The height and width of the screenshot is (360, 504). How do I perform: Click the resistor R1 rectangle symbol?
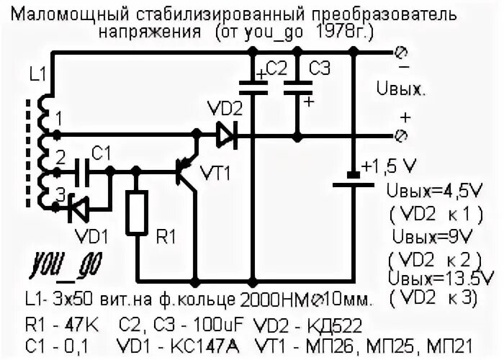pyautogui.click(x=137, y=213)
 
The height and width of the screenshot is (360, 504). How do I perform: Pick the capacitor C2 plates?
pyautogui.click(x=252, y=88)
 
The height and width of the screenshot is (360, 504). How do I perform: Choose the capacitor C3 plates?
pyautogui.click(x=297, y=88)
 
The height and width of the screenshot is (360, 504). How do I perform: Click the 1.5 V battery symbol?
pyautogui.click(x=353, y=180)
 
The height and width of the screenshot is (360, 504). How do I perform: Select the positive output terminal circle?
pyautogui.click(x=402, y=134)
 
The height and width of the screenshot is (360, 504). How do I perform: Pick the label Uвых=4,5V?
pyautogui.click(x=428, y=192)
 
